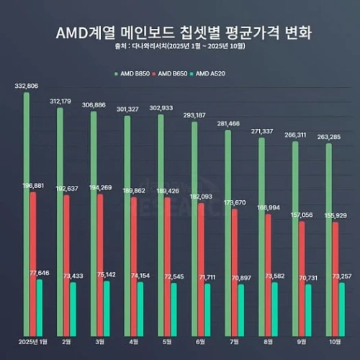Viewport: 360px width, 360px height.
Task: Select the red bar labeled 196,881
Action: pyautogui.click(x=33, y=263)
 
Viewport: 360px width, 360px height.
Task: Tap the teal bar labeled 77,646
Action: pyautogui.click(x=40, y=306)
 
